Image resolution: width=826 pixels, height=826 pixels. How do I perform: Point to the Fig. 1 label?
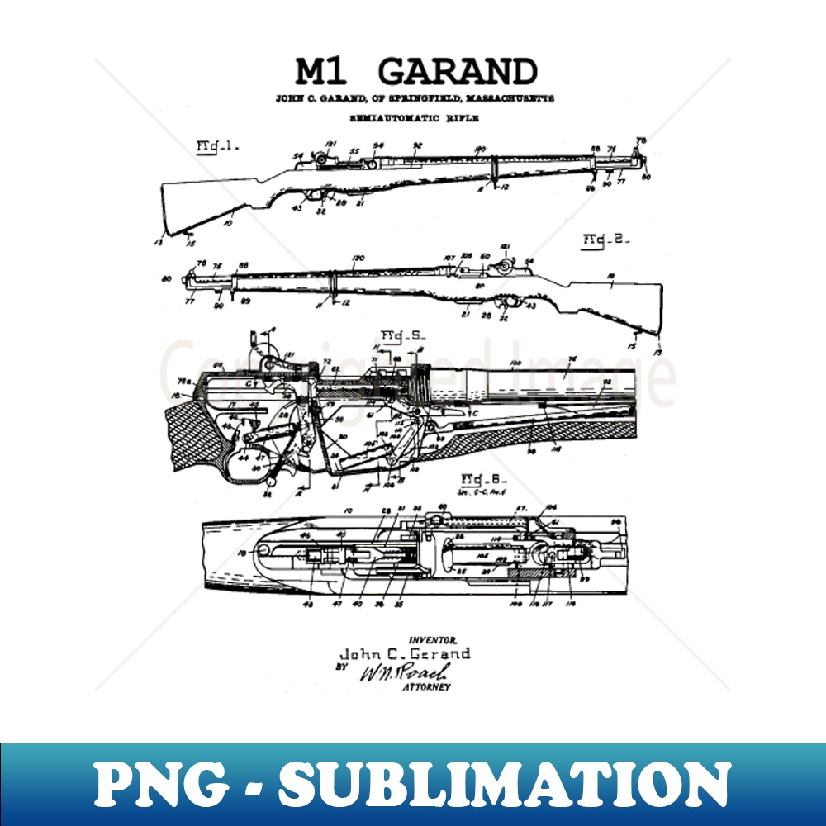[217, 147]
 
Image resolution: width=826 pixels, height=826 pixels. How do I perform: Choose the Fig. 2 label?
[607, 240]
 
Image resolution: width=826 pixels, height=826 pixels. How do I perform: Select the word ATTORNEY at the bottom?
[426, 686]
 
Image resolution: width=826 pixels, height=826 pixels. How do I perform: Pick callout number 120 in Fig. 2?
[358, 258]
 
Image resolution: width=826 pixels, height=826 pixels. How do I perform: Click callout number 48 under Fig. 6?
[309, 604]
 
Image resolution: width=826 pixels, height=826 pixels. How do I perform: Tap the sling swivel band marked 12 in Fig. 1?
[493, 176]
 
